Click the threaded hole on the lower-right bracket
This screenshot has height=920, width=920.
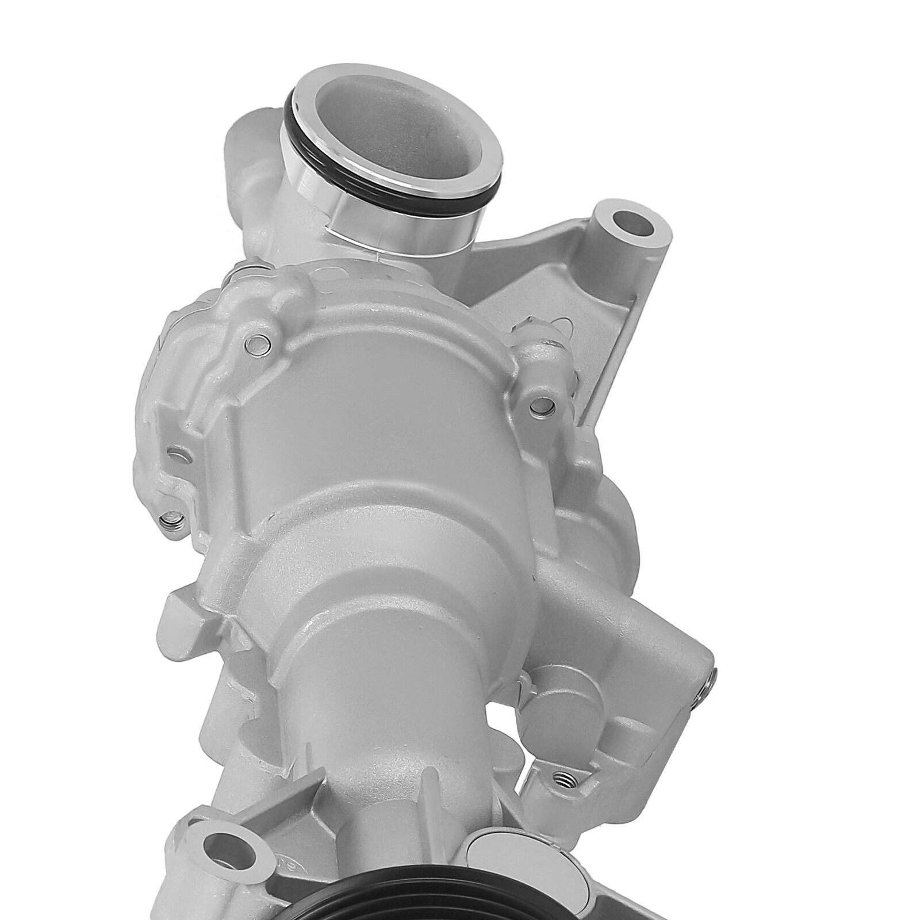(x=562, y=779)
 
